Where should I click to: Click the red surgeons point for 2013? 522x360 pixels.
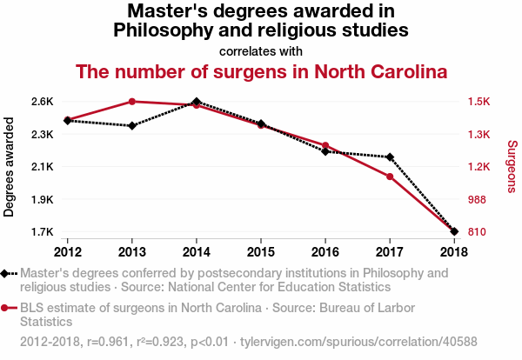(x=131, y=102)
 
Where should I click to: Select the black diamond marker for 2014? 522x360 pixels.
(x=197, y=102)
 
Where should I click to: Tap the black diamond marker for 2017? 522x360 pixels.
(x=390, y=157)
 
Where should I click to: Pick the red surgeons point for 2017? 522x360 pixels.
(x=390, y=177)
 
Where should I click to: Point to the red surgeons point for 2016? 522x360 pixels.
(x=325, y=145)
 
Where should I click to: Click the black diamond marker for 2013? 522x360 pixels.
(x=131, y=126)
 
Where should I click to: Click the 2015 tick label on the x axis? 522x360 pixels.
(x=261, y=252)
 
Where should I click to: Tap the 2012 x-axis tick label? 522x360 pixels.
(x=67, y=252)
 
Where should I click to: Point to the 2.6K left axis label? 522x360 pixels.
(x=41, y=102)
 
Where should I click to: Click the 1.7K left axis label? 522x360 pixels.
(x=41, y=232)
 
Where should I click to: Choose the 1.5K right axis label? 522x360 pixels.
(x=479, y=102)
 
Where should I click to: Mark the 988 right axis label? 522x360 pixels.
(x=478, y=200)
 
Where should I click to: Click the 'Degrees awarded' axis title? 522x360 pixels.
(x=10, y=167)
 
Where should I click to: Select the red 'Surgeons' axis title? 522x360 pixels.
(x=512, y=167)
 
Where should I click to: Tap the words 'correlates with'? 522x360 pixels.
(x=261, y=50)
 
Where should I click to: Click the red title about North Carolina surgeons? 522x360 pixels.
(x=261, y=70)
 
